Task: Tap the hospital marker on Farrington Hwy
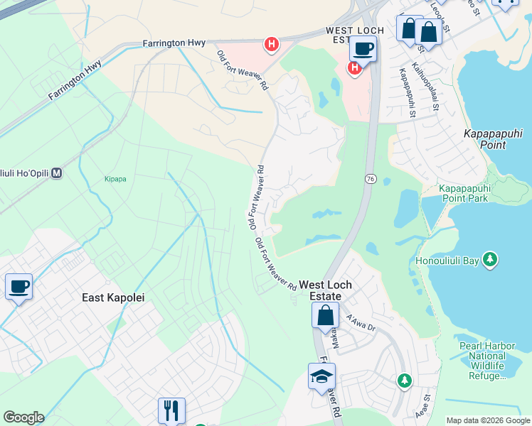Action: (x=271, y=45)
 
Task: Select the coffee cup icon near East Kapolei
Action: (x=18, y=287)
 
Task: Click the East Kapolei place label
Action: (x=109, y=298)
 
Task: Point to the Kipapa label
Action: (x=115, y=179)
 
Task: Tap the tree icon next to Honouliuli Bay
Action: (x=489, y=261)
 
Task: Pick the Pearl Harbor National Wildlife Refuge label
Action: (x=487, y=361)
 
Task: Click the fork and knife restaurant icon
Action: (x=171, y=410)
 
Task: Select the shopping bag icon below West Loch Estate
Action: (x=325, y=316)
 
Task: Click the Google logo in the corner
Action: (x=23, y=417)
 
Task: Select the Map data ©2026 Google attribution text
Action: (x=488, y=420)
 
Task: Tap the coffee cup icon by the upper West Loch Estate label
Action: (x=363, y=49)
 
